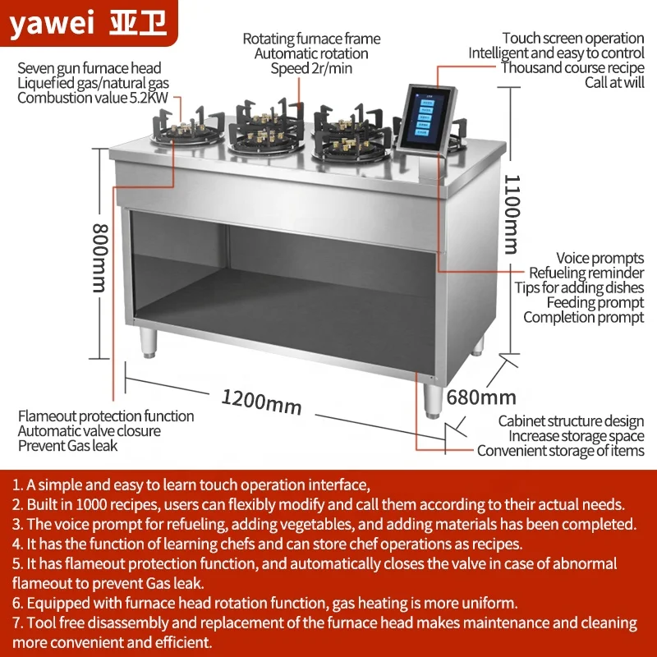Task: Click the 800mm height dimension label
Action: coord(99,258)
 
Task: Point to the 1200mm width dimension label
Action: coord(260,402)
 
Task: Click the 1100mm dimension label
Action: coord(511,213)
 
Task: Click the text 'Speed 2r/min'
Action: coord(311,68)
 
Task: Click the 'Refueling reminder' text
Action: coord(586,273)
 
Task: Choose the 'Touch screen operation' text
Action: coord(572,38)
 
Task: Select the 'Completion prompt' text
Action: coord(583,317)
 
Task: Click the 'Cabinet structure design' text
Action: coord(571,421)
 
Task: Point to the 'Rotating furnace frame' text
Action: coord(311,39)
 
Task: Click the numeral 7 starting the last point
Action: coord(16,623)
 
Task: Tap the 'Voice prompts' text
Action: coord(600,259)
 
